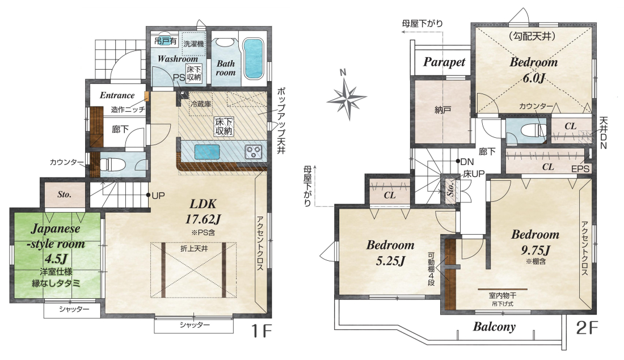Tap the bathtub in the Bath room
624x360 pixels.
(x=253, y=58)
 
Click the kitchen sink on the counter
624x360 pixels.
(x=206, y=151)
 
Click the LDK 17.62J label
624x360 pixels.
(x=203, y=211)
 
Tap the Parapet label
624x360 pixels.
(x=444, y=62)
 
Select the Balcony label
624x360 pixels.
(x=494, y=327)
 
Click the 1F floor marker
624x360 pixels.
(x=261, y=331)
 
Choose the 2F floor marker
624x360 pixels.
(x=587, y=328)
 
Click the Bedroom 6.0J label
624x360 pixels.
(x=534, y=70)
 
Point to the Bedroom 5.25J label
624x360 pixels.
(x=390, y=253)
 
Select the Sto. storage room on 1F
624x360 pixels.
(x=65, y=194)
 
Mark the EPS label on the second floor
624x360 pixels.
(x=580, y=169)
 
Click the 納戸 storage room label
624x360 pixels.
(x=442, y=110)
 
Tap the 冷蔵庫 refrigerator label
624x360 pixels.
(x=201, y=104)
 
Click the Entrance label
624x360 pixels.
(x=117, y=95)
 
